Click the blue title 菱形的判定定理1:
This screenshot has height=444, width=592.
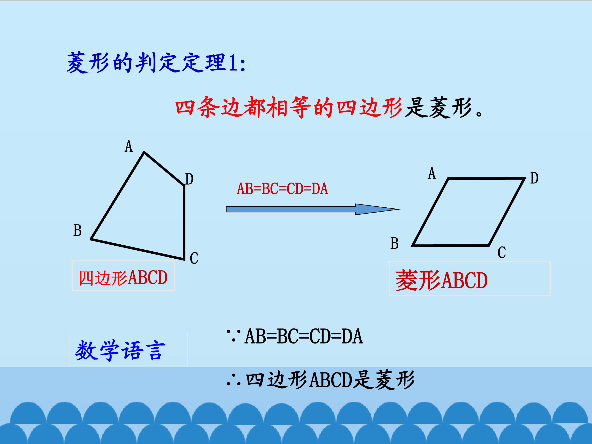click(x=156, y=63)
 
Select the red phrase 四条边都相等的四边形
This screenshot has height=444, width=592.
click(x=289, y=107)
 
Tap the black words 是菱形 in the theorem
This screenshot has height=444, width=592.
click(x=438, y=107)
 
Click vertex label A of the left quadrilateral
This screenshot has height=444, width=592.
click(x=129, y=146)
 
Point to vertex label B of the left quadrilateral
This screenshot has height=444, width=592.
click(x=77, y=230)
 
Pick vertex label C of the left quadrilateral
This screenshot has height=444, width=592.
click(x=194, y=258)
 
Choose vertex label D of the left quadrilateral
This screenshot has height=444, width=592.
click(x=189, y=179)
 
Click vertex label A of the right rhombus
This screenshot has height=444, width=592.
click(x=432, y=173)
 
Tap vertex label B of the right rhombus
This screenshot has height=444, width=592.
click(x=394, y=244)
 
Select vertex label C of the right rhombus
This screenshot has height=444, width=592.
click(x=502, y=252)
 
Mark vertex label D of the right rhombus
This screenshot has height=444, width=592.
click(x=534, y=178)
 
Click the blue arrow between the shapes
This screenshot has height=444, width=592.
click(x=313, y=209)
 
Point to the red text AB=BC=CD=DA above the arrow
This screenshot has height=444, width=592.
click(x=282, y=189)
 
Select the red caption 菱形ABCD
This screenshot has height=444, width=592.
click(x=442, y=280)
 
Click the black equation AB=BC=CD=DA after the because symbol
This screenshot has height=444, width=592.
click(x=304, y=336)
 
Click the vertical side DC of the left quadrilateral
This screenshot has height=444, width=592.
click(x=184, y=222)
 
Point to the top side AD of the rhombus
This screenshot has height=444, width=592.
click(x=486, y=178)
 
